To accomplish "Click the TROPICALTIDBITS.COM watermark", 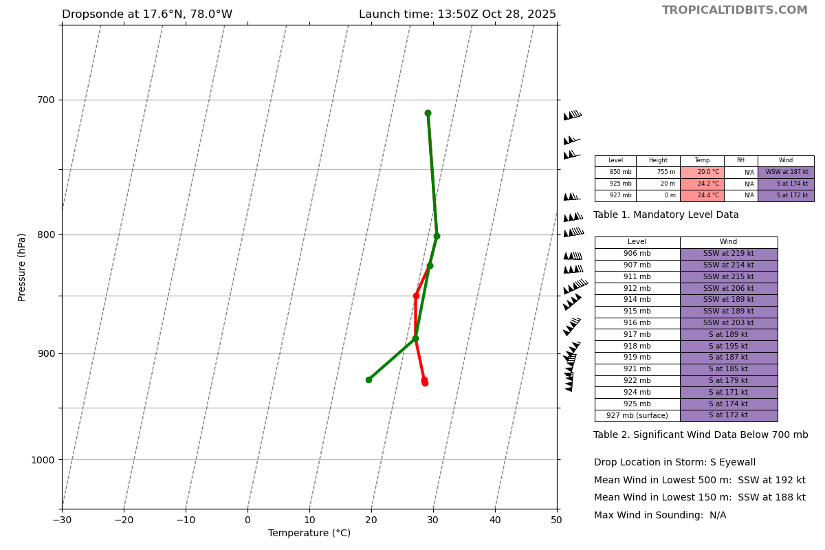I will point(734,10).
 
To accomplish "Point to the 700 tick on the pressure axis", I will point(47,100).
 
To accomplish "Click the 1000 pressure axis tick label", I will point(44,460).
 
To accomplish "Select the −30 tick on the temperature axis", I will point(62,520).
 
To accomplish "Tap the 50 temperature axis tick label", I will point(557,520).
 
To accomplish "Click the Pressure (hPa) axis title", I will point(22,267).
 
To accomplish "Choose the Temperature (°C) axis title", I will point(309,533).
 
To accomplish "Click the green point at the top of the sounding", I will point(428,113).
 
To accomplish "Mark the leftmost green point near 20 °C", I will point(368,379).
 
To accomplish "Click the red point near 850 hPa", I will point(416,296).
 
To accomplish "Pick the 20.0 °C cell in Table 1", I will point(702,173).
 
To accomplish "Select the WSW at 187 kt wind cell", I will point(786,173).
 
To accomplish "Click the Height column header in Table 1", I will point(658,161).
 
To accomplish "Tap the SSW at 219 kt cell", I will point(729,254).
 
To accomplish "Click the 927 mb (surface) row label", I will point(637,415).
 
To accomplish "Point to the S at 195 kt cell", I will point(729,346).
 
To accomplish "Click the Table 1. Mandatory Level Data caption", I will point(665,215).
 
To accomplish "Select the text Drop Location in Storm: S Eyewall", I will point(674,463).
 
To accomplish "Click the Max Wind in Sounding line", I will point(660,516).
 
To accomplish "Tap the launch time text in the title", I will point(457,14).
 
